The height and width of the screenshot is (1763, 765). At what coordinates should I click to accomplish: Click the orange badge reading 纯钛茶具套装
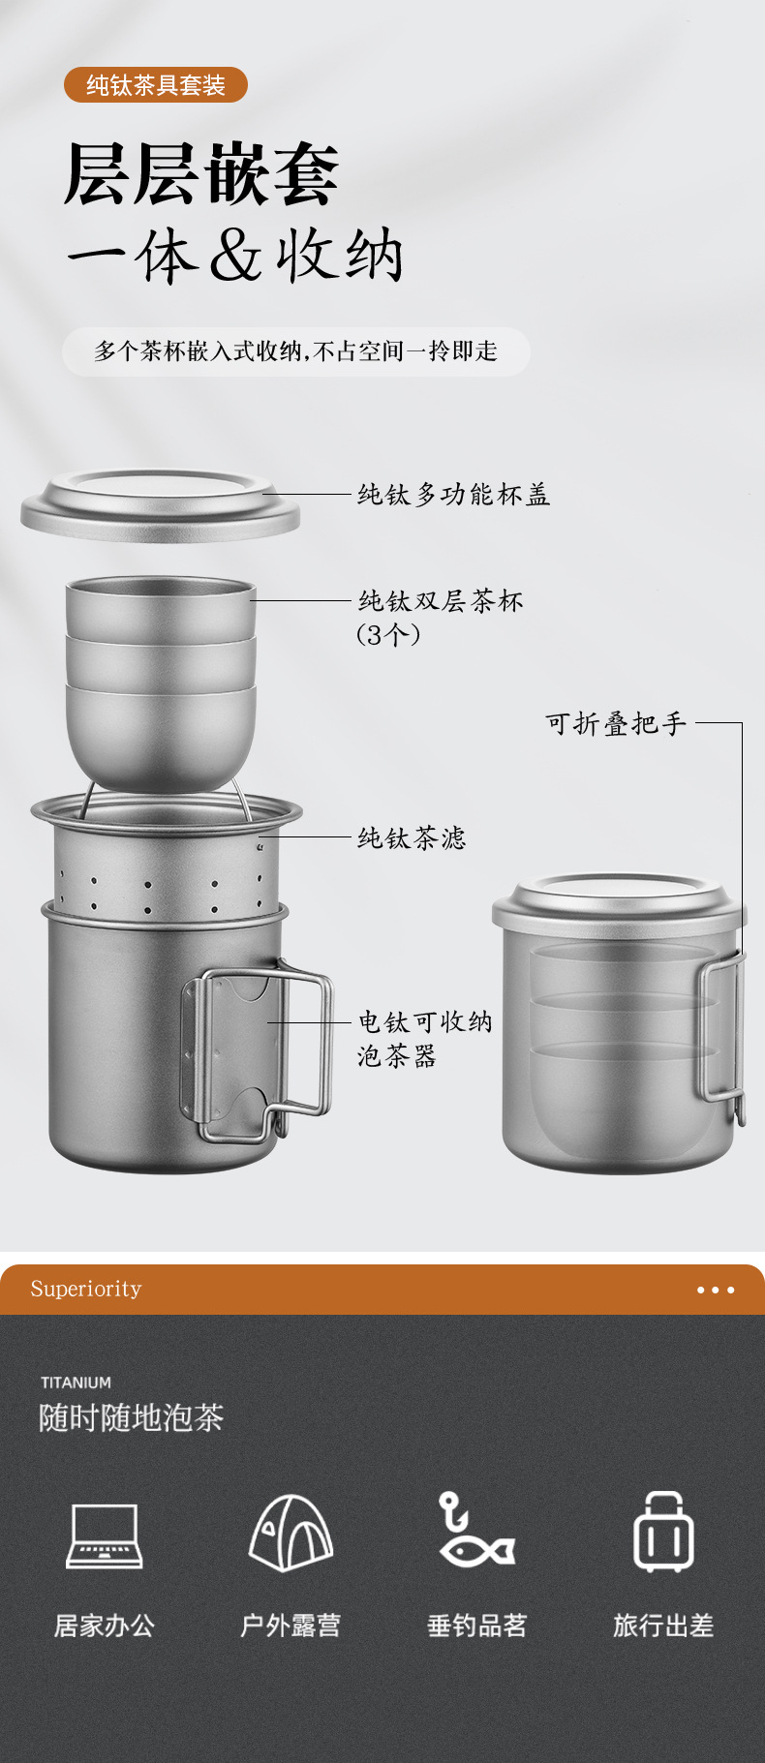click(x=155, y=85)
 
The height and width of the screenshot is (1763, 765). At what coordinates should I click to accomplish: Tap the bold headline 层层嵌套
click(x=201, y=174)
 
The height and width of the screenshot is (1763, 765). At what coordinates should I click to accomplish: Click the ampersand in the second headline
click(x=235, y=257)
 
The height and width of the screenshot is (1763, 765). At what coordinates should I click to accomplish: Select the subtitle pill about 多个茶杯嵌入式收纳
click(x=295, y=350)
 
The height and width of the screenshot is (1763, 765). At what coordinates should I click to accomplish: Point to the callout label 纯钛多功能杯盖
click(x=454, y=495)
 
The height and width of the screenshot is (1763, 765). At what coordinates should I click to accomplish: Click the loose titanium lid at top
click(x=161, y=505)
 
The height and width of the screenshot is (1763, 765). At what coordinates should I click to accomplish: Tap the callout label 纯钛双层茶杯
click(x=441, y=601)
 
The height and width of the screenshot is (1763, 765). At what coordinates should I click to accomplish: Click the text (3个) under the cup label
click(x=388, y=635)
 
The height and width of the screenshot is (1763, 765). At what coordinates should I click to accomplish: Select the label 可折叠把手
click(x=616, y=723)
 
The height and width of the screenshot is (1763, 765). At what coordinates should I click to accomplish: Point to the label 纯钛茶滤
click(x=412, y=837)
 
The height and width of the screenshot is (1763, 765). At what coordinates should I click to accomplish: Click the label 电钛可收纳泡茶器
click(x=425, y=1038)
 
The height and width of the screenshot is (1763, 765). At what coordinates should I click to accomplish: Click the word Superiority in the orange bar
click(x=86, y=1289)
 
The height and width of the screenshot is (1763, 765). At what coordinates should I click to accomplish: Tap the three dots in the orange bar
click(x=716, y=1290)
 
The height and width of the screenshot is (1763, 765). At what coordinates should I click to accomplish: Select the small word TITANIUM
click(x=76, y=1383)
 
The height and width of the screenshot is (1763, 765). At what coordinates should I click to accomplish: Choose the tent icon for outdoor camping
click(x=291, y=1533)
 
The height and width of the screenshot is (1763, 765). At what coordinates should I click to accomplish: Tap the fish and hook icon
click(x=474, y=1530)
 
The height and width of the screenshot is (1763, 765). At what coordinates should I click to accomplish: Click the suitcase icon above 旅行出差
click(x=663, y=1532)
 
